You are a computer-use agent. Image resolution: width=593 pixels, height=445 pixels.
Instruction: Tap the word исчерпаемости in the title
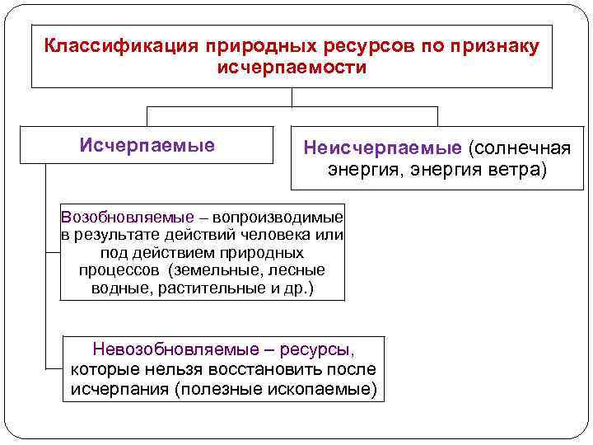pyautogui.click(x=292, y=66)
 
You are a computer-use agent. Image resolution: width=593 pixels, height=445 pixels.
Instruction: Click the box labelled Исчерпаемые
pyautogui.click(x=147, y=146)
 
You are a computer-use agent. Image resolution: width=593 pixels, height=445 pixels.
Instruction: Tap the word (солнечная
pyautogui.click(x=520, y=148)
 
